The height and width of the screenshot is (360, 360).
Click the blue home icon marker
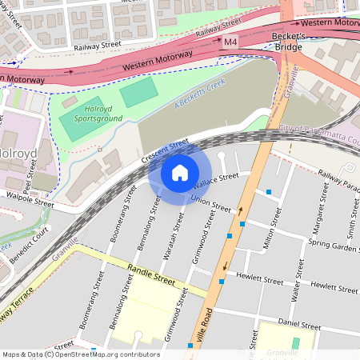pyautogui.click(x=180, y=173)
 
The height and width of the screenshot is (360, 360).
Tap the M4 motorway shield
pyautogui.click(x=230, y=41)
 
